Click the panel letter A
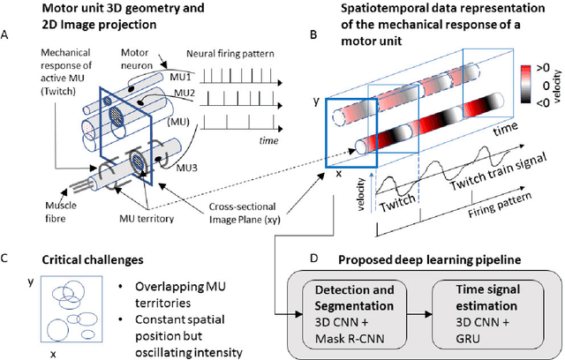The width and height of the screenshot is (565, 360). [8, 36]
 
